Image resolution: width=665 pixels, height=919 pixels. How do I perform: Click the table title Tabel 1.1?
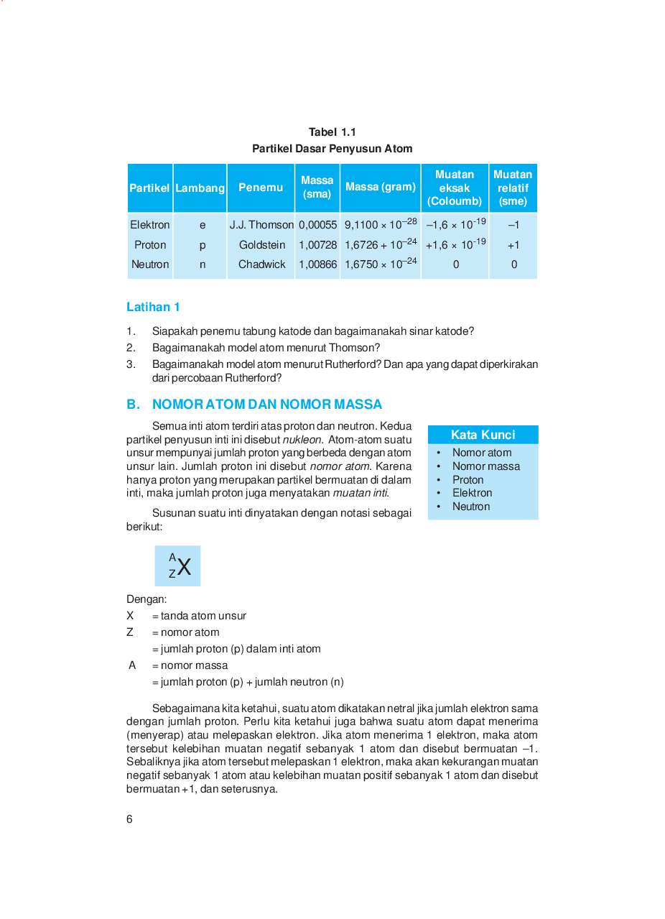332,131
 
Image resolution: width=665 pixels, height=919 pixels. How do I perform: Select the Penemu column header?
261,188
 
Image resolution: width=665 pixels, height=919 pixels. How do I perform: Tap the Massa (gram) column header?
380,187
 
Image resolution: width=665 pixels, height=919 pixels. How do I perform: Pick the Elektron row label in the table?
150,225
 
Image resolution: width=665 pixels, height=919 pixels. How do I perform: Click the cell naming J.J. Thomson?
261,225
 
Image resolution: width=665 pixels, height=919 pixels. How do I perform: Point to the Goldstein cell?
262,245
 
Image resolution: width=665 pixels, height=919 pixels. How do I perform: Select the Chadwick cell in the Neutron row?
262,264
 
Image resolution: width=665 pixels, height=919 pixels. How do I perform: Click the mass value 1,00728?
317,245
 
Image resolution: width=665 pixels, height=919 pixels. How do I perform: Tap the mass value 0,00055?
317,225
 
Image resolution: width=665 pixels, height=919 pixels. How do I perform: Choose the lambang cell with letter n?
203,264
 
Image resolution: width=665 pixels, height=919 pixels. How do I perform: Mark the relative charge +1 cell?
513,245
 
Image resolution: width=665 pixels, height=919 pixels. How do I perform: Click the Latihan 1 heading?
153,307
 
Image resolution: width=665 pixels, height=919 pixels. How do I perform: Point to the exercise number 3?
131,364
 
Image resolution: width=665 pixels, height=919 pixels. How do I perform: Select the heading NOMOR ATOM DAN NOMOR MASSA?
267,405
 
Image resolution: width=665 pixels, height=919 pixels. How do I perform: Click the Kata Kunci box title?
483,435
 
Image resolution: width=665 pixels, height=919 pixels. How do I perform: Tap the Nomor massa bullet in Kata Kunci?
485,466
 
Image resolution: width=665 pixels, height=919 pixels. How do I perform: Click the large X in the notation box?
184,568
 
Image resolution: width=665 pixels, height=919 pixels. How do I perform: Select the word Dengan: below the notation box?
147,599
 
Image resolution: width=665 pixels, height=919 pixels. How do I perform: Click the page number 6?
129,819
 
